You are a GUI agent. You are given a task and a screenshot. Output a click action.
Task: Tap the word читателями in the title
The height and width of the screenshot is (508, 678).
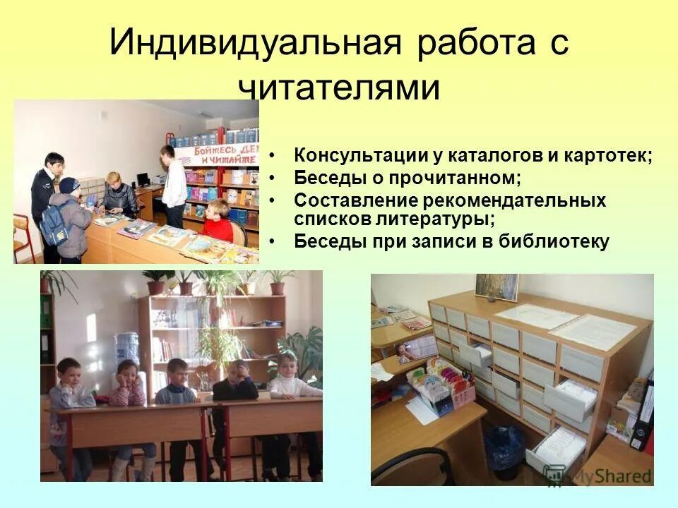(x=339, y=87)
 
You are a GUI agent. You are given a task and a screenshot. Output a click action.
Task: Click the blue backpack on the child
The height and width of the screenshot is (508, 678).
(x=54, y=224)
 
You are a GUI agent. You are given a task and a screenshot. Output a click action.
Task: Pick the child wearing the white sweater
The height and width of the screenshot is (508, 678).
(x=290, y=385)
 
